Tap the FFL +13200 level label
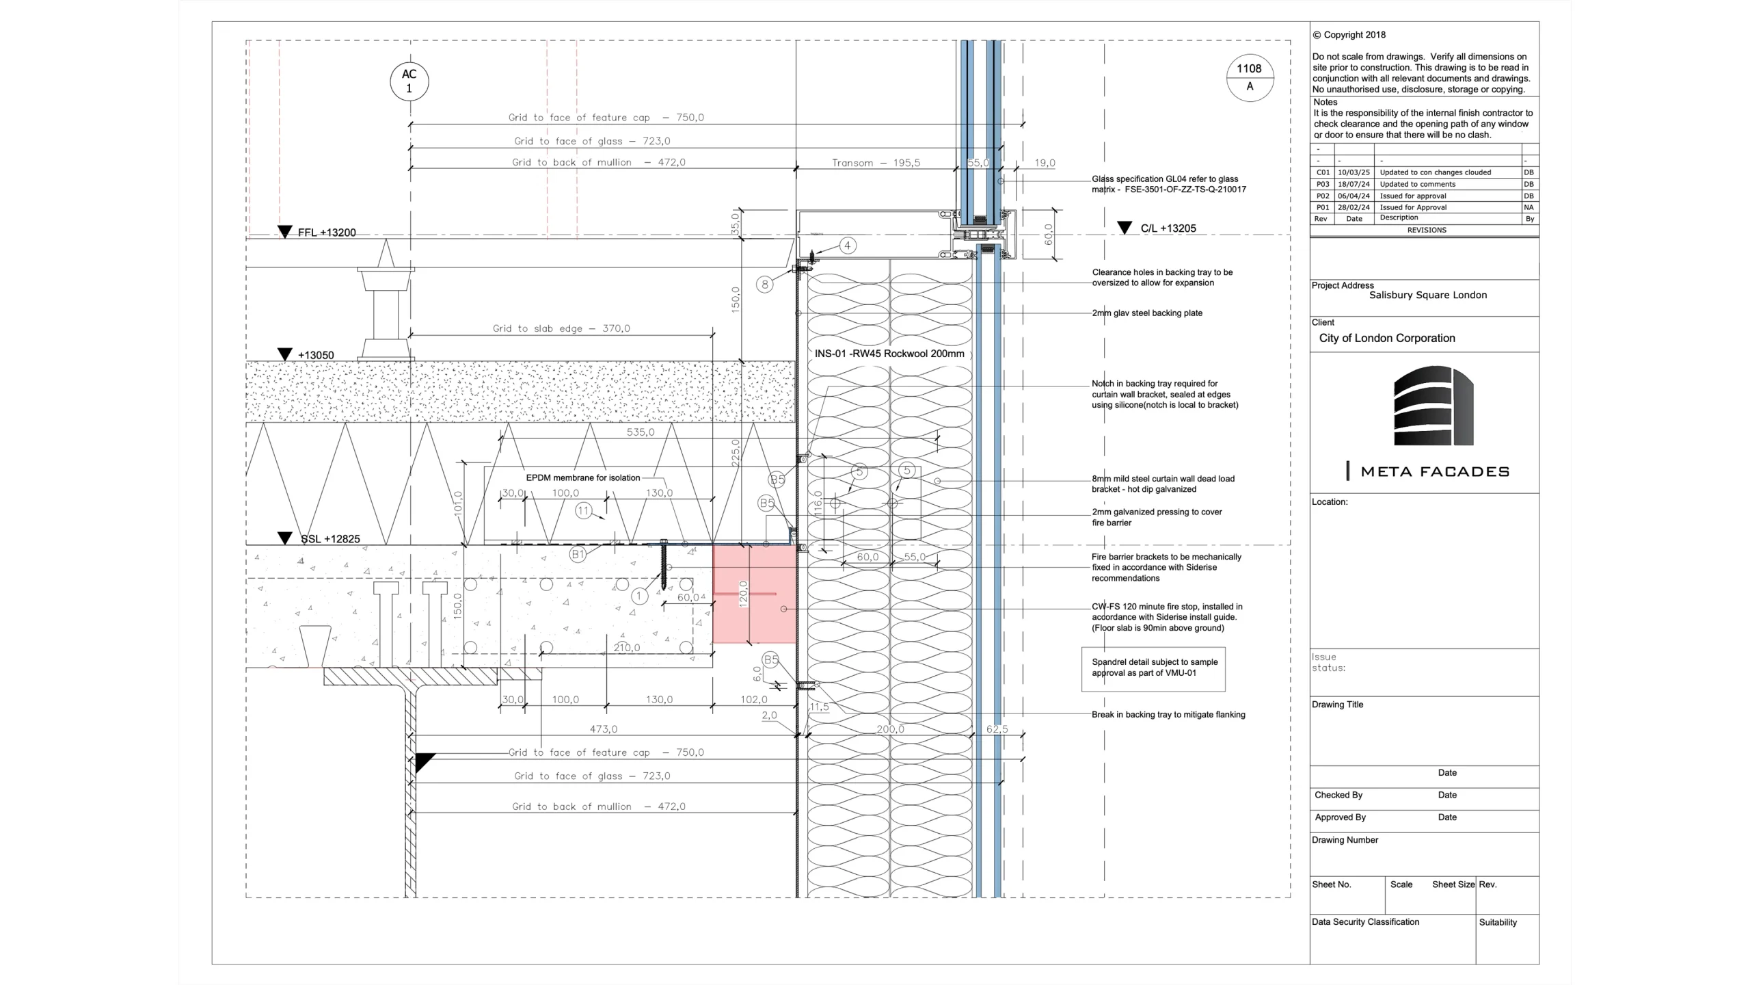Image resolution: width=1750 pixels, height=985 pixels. (x=327, y=233)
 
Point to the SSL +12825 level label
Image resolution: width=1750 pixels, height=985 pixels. (x=330, y=539)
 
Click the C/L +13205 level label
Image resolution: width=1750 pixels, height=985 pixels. (x=1168, y=228)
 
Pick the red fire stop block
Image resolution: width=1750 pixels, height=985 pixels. (x=754, y=594)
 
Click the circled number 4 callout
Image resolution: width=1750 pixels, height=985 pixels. (x=848, y=246)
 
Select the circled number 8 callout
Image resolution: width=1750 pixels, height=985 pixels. (x=765, y=285)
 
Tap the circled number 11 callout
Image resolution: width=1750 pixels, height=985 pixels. (x=583, y=511)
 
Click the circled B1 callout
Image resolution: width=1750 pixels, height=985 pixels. (x=578, y=554)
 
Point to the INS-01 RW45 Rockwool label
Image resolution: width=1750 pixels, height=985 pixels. (x=889, y=354)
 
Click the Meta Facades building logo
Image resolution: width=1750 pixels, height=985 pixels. (x=1433, y=406)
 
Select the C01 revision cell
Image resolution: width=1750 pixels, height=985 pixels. (x=1323, y=172)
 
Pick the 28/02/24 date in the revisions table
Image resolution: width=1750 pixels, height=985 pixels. (x=1354, y=207)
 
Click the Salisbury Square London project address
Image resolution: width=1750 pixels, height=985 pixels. (x=1428, y=295)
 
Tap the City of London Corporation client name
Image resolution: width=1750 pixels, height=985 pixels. (x=1387, y=338)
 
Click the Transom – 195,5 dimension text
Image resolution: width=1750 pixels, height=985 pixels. (x=876, y=163)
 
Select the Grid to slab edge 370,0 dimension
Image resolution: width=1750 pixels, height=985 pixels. (x=561, y=328)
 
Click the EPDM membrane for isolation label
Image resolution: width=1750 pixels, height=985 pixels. (x=583, y=478)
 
